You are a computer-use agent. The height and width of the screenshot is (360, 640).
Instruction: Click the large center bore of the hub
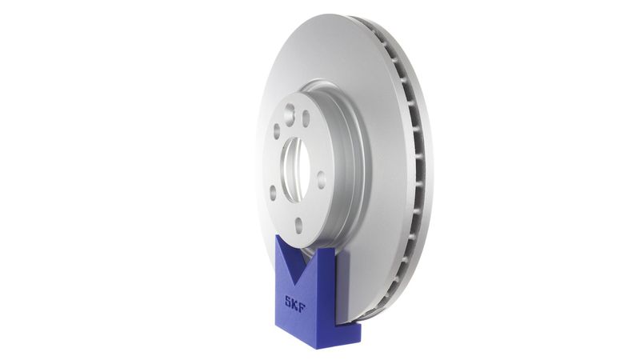click(295, 167)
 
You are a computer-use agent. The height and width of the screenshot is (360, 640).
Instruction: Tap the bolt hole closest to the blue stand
click(298, 226)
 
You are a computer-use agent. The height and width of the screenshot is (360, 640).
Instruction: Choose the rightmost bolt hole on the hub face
click(321, 179)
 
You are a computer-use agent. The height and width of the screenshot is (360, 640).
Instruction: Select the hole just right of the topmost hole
click(306, 118)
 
